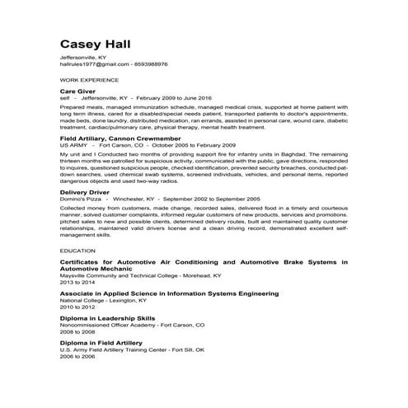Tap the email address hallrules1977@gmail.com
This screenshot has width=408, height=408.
(x=94, y=63)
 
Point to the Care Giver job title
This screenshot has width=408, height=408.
(x=78, y=91)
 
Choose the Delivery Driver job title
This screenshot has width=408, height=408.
(x=86, y=192)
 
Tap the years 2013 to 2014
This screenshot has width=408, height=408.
(x=78, y=282)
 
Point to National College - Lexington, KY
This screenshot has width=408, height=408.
(x=108, y=301)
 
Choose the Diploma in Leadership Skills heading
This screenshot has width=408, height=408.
(x=107, y=318)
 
